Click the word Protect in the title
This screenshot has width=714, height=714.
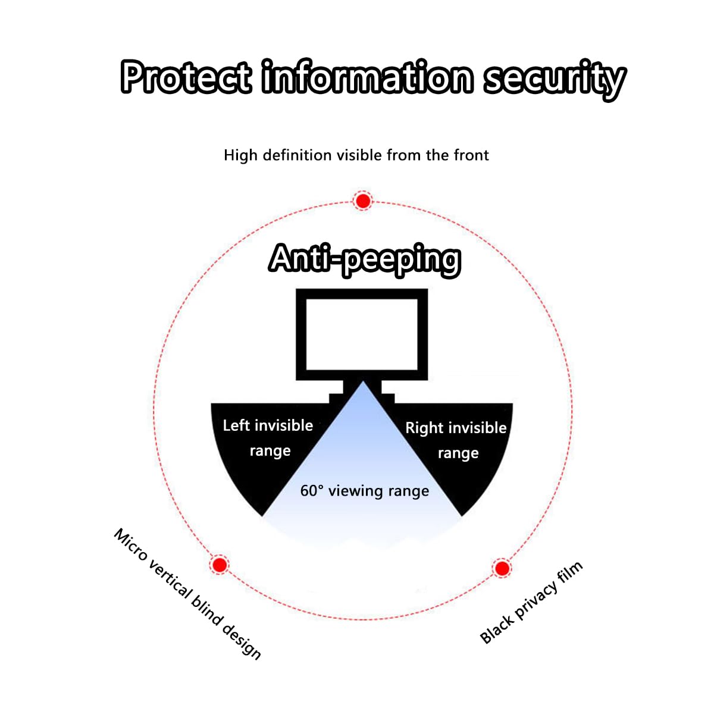[x=186, y=77]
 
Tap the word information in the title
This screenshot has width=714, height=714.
[x=367, y=76]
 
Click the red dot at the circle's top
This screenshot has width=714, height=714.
[x=363, y=201]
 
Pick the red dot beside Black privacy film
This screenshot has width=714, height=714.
[x=502, y=568]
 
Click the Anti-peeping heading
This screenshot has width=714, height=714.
[x=365, y=260]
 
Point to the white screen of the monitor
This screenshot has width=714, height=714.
[x=362, y=334]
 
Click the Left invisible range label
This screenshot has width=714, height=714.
[x=268, y=439]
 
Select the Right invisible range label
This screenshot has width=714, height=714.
[x=456, y=440]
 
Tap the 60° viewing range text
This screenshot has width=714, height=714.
[x=365, y=491]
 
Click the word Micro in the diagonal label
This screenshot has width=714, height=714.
[x=130, y=545]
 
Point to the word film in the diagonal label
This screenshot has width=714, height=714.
[x=571, y=572]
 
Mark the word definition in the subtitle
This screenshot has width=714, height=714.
[x=297, y=155]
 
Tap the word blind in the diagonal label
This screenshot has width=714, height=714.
[x=206, y=612]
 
